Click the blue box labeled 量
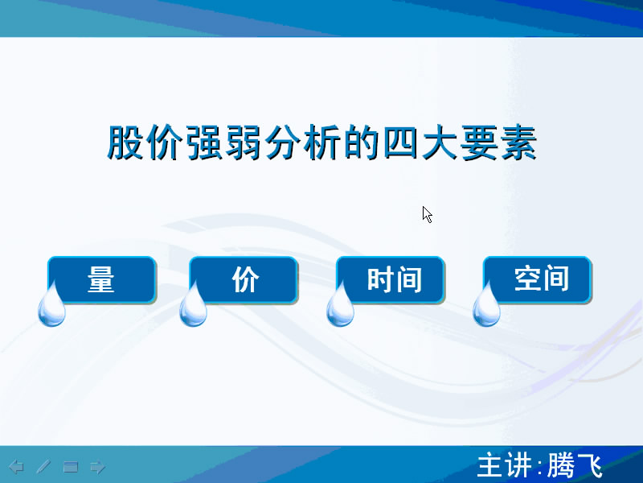pos(102,279)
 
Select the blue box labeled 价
pos(244,279)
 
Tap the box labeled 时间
pos(391,279)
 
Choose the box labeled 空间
pos(537,279)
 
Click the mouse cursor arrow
pos(427,214)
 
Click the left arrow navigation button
pos(16,467)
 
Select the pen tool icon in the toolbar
pos(43,467)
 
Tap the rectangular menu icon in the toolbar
pos(71,467)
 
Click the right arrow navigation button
pos(97,467)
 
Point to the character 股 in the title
pos(125,142)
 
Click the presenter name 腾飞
pos(575,466)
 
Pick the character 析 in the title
pos(322,142)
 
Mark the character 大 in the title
pos(440,142)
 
